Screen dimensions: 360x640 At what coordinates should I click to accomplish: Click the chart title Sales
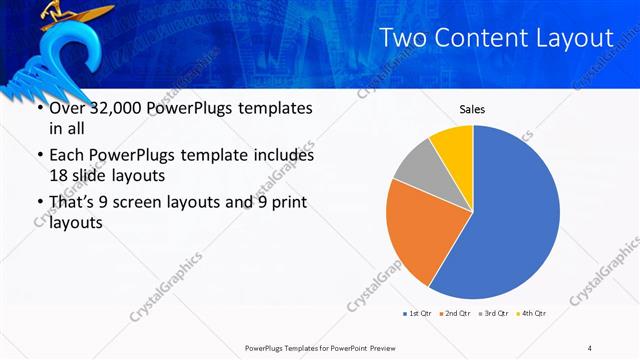(473, 109)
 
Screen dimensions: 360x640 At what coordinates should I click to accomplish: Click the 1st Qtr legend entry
(417, 313)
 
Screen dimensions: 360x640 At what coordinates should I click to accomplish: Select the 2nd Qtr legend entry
(456, 313)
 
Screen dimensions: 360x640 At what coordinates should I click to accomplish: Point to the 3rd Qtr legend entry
(495, 313)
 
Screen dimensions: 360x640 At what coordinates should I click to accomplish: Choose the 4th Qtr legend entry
(533, 313)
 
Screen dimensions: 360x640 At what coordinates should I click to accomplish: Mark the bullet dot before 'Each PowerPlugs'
(39, 157)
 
